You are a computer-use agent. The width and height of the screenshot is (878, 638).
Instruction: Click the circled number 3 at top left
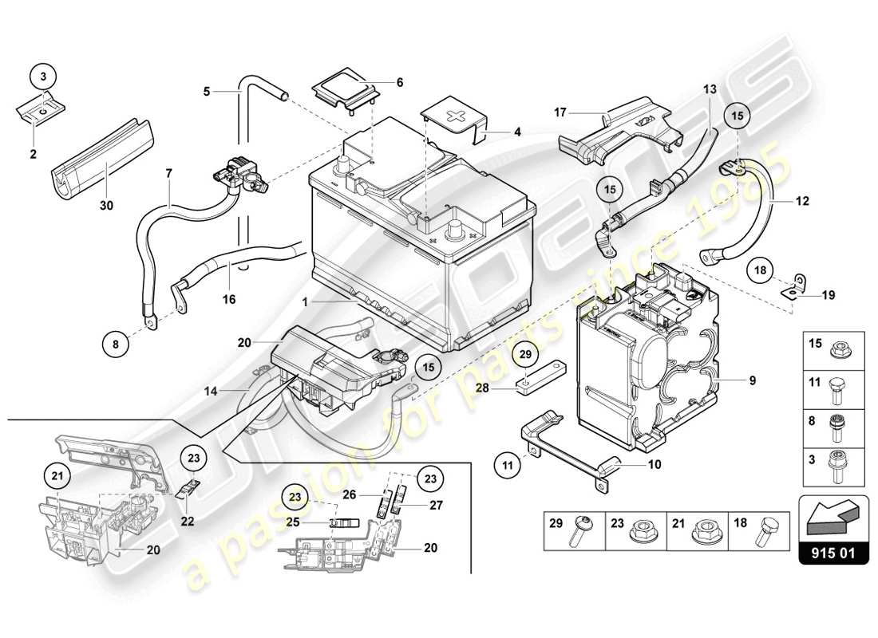pyautogui.click(x=45, y=76)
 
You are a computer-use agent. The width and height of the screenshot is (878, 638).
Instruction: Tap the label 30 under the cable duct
pyautogui.click(x=106, y=205)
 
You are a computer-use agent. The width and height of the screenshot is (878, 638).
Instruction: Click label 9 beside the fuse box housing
pyautogui.click(x=752, y=381)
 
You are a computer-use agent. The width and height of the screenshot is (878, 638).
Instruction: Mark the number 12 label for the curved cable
pyautogui.click(x=802, y=201)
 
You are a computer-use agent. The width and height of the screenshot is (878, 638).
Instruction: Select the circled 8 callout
pyautogui.click(x=115, y=345)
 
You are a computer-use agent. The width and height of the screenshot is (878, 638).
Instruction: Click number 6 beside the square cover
pyautogui.click(x=400, y=82)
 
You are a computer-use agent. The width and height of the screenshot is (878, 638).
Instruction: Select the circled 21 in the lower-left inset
pyautogui.click(x=56, y=476)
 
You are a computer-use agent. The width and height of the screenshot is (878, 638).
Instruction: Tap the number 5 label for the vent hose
pyautogui.click(x=206, y=92)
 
